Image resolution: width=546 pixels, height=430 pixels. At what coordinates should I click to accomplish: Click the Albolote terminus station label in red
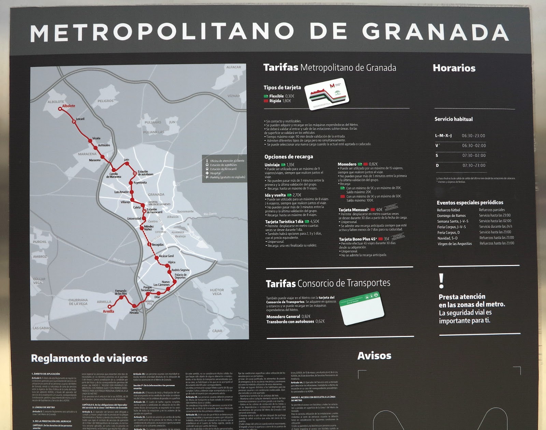coord(69,106)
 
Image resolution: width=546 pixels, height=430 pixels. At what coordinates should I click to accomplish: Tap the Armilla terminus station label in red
coord(109,311)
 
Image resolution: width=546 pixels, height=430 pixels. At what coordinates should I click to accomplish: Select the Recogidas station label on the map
coord(157,245)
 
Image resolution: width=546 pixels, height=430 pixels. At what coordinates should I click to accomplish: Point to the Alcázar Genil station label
coord(166,256)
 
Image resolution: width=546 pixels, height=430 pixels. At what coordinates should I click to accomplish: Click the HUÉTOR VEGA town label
coord(217,292)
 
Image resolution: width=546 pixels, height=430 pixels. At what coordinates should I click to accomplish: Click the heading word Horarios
coord(454,68)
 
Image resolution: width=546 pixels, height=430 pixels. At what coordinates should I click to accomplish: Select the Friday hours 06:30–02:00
coord(474,145)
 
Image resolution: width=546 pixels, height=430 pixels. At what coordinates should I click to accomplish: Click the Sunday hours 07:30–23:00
coord(474,166)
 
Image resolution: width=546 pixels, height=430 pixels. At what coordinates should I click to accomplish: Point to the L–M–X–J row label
coord(443,135)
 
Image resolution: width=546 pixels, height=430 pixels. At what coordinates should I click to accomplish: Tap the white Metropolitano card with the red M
coord(327,94)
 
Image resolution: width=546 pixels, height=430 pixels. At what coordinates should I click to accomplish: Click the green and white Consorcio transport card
coord(362,308)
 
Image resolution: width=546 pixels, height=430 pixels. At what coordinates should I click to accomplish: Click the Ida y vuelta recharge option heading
coord(275,195)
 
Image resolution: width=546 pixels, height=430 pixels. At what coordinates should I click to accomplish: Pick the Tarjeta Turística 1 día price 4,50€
coord(315,221)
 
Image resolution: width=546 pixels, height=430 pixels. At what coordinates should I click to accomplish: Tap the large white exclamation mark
coord(442,281)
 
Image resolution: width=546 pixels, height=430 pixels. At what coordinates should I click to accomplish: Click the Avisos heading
coord(374,356)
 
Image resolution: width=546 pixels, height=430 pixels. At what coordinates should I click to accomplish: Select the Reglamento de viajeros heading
coord(89,358)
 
